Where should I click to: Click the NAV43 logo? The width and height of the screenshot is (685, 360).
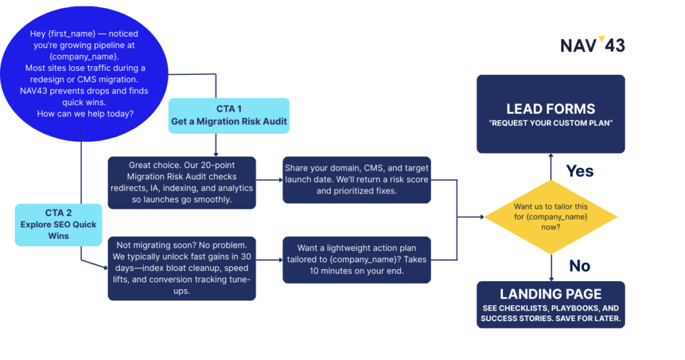click(x=592, y=45)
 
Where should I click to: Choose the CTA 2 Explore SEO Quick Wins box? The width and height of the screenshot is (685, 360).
click(x=60, y=225)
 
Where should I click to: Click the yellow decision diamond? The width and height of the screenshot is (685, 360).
click(x=551, y=217)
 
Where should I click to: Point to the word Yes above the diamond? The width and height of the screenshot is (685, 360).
click(x=579, y=171)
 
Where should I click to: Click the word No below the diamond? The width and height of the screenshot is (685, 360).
click(x=579, y=266)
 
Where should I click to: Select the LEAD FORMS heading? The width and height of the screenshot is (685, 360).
click(x=551, y=108)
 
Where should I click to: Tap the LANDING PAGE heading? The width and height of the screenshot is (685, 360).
click(x=551, y=294)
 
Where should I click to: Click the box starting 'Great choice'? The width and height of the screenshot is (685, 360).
click(x=181, y=183)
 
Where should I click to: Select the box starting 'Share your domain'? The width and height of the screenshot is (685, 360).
click(x=357, y=180)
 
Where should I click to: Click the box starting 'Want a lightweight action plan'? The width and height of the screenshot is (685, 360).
click(x=357, y=260)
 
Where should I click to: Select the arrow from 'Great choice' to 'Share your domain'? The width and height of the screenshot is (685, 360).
click(x=269, y=180)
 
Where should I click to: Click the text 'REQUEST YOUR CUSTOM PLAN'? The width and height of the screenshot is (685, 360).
click(x=551, y=124)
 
